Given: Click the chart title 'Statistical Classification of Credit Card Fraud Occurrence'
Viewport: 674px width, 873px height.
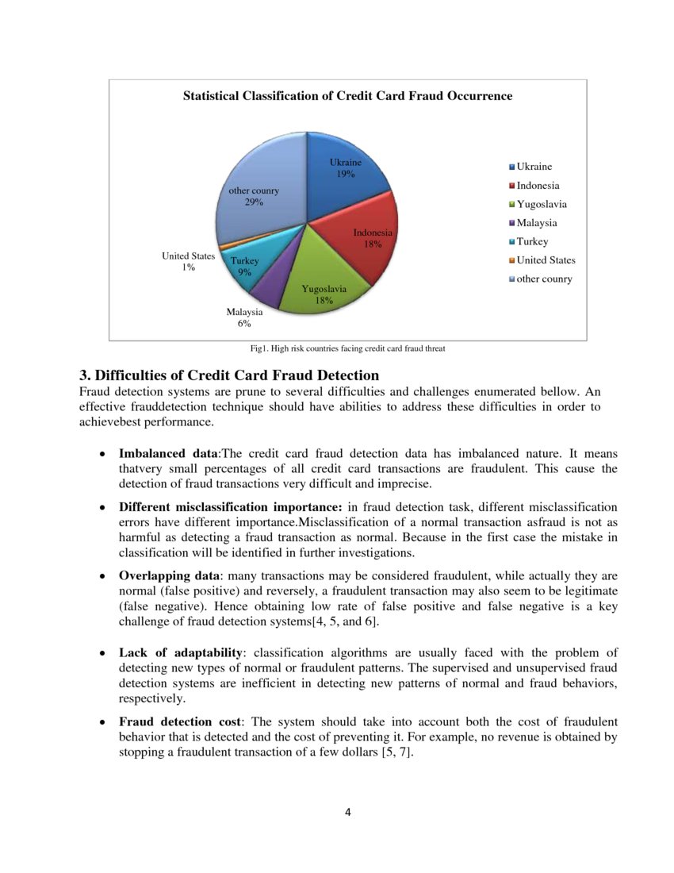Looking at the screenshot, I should point(347,96).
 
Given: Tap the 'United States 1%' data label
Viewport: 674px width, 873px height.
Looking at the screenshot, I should point(188,262).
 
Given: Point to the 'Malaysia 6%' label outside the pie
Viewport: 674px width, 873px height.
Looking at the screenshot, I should point(244,318).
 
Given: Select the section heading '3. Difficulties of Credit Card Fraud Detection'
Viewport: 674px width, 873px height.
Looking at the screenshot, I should point(228,375).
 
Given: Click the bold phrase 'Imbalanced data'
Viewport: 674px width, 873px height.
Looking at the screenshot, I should point(168,454).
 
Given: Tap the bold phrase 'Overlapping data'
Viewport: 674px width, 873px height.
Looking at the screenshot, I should point(170,575).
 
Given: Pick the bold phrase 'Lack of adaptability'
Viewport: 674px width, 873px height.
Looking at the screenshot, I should point(181,652).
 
